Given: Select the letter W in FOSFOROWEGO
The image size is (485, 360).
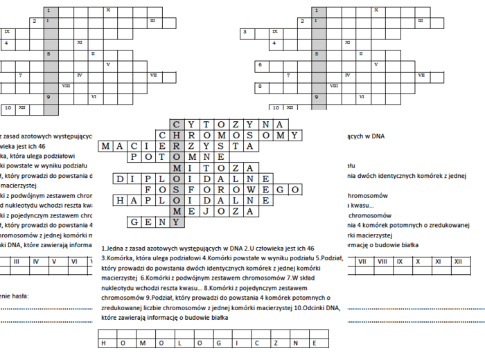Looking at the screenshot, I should point(252,190).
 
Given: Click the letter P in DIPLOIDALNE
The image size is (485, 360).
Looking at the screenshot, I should point(149,179).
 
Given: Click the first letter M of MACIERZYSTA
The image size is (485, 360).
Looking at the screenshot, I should point(106,147).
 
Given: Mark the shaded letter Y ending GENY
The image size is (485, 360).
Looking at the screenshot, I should point(178,222).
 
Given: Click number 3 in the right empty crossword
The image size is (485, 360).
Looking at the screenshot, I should point(245,32).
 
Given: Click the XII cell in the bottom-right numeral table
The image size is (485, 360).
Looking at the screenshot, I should point(457,261).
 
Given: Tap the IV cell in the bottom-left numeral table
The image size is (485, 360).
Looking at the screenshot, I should point(35,261).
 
